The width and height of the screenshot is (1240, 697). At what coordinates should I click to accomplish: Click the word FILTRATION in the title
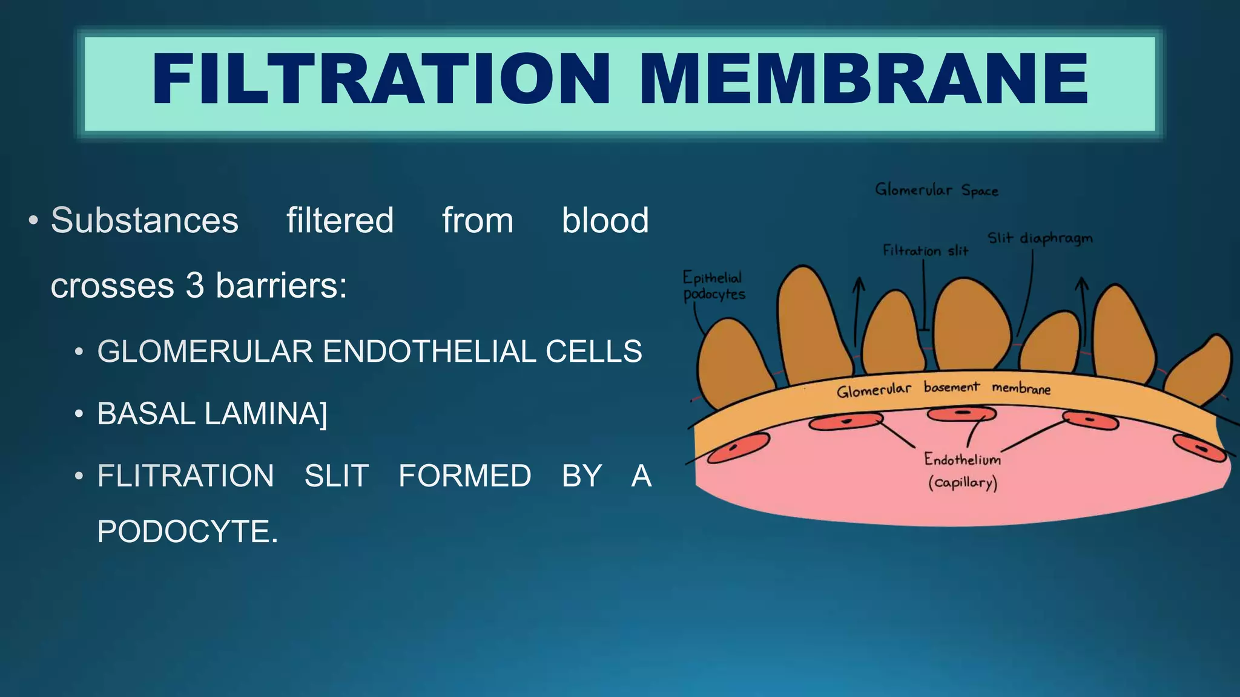coord(380,80)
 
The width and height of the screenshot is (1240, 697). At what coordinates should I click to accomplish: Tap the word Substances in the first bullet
coord(144,220)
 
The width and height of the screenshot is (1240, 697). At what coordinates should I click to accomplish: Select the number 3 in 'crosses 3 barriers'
coord(194,286)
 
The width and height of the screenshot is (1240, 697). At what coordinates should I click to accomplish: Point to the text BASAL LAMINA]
coord(211,414)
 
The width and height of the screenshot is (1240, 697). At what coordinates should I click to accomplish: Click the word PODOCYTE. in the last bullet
coord(187,532)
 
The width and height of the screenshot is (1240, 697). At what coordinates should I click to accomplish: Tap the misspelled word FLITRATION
coord(185,476)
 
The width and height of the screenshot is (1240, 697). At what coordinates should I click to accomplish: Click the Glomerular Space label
coord(936,191)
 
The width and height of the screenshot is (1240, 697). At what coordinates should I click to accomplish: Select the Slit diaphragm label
coord(1040,238)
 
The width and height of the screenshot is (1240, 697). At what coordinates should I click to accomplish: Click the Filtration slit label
coord(925,250)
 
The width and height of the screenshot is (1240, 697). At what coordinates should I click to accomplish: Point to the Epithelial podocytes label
coord(713,286)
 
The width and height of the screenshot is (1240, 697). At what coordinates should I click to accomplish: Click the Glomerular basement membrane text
coord(943,389)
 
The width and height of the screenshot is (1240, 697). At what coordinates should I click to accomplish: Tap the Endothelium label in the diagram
coord(962,460)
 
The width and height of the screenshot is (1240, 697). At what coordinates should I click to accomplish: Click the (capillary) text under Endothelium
coord(962,483)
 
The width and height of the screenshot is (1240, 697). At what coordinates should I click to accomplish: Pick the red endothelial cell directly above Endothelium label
coord(961,414)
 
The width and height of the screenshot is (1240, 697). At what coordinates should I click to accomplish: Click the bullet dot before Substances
coord(33,220)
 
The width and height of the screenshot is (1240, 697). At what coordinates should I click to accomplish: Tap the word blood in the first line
coord(605,220)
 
